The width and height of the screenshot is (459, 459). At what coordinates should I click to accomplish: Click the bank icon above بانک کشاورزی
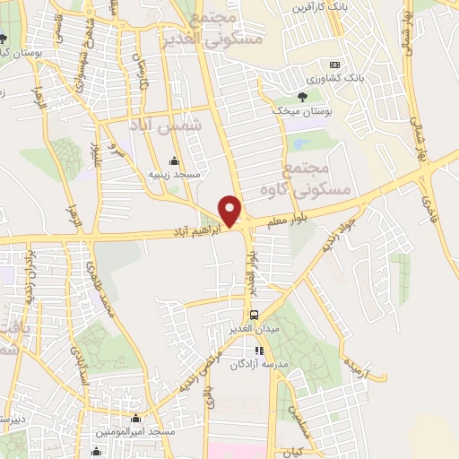tap(334, 65)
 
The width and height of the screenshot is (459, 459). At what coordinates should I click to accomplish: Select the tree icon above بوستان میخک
tap(302, 97)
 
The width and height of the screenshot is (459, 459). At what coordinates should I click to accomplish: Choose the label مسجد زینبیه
tap(168, 175)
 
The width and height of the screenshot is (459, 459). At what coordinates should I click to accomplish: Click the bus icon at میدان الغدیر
tap(255, 315)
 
